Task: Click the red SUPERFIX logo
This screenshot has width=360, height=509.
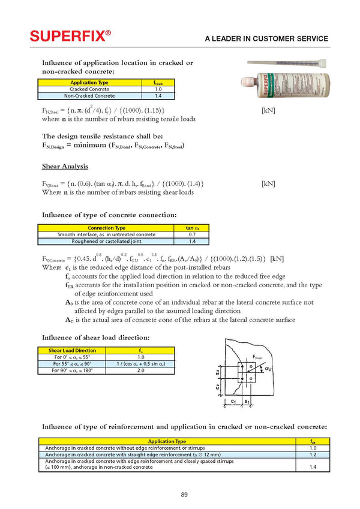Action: click(x=70, y=37)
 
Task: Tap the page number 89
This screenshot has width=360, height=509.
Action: click(x=184, y=494)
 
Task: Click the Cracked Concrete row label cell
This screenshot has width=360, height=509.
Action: click(x=89, y=89)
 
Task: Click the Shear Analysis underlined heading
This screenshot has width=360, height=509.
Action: click(x=65, y=166)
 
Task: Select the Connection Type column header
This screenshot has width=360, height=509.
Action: click(x=106, y=228)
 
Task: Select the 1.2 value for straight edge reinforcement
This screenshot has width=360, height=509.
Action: click(x=312, y=454)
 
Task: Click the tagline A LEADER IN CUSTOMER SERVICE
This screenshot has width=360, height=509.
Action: click(x=266, y=39)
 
